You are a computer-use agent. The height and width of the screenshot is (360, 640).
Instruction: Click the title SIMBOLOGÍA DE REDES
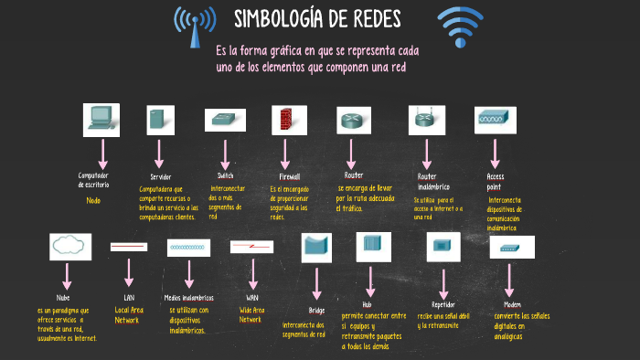click(317, 19)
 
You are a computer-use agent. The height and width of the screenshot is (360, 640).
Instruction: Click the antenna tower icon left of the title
click(194, 27)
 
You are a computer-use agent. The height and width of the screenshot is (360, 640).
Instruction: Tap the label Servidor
click(161, 176)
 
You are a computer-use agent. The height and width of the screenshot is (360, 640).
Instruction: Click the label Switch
click(225, 175)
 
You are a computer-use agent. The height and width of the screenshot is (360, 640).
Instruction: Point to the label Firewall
click(289, 176)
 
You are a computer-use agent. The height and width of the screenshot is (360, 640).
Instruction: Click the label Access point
click(496, 180)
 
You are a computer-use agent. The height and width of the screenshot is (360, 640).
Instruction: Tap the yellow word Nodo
click(93, 199)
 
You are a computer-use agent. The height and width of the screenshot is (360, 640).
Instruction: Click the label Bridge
click(316, 311)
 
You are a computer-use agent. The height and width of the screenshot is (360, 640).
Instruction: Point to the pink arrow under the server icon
click(159, 152)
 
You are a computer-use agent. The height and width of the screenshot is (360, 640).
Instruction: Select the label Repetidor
click(443, 304)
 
